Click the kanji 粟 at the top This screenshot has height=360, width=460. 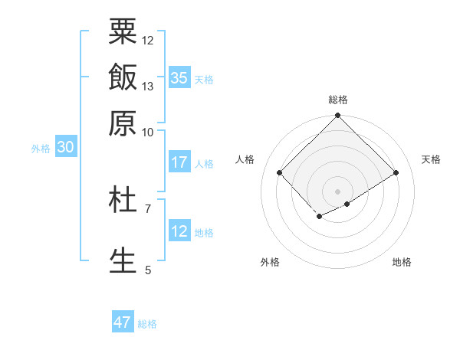pos(123,32)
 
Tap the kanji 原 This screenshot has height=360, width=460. pos(123,123)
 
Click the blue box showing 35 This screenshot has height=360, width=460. pos(179,78)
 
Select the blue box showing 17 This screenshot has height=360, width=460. pos(179,162)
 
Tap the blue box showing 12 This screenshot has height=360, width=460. pos(179,231)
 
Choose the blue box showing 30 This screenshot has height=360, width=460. pos(65,149)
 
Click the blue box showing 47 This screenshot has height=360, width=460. pos(123,322)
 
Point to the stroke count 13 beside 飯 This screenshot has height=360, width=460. pos(148,86)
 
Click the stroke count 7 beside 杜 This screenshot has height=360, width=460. pos(147,208)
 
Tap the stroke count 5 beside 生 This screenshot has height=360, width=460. pos(147,270)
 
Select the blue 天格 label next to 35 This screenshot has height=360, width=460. pos(204,80)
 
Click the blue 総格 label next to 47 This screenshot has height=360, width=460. pos(147,324)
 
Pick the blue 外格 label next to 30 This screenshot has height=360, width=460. pos(41,149)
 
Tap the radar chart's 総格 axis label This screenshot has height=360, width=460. pos(338,100)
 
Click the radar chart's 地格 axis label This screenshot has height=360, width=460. pos(402,262)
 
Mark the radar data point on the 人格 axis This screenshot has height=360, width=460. pos(280,172)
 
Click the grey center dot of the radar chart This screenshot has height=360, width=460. pos(338,191)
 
